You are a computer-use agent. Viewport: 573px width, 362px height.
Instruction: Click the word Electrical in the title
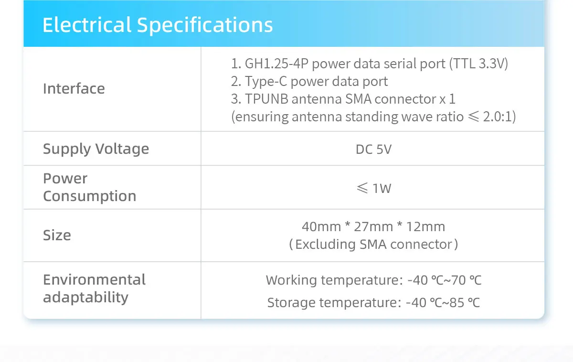pos(87,25)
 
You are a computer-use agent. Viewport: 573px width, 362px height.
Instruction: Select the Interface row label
pos(74,88)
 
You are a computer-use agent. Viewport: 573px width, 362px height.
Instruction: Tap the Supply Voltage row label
pos(96,149)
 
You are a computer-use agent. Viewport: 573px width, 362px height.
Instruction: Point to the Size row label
pos(57,235)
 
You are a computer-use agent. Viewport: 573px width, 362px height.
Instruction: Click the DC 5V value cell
pos(373,149)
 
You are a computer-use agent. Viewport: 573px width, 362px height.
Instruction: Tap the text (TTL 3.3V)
pos(478,64)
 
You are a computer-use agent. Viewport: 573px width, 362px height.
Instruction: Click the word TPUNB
pos(266,99)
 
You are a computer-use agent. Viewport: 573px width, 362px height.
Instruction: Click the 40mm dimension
pos(321,227)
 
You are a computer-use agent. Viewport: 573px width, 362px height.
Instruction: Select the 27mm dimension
pos(373,227)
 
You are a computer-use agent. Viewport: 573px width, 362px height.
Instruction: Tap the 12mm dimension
pos(425,227)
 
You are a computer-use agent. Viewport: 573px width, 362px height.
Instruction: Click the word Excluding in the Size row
pos(325,245)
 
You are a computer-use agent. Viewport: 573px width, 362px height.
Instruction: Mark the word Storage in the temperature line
pos(291,303)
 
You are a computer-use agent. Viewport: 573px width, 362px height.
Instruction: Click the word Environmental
pos(94,279)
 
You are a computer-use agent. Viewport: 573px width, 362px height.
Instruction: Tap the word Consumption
pos(90,196)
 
